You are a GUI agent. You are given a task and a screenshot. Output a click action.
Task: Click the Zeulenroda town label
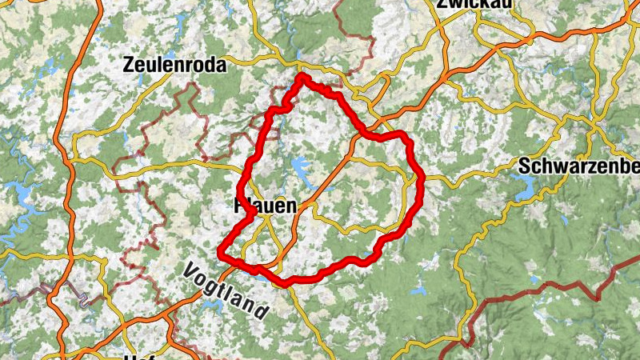pos(175,66)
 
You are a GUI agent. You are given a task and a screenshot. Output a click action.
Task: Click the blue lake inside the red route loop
pos(302,168)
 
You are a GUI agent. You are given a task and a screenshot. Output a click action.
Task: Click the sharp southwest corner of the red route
pos(221,253)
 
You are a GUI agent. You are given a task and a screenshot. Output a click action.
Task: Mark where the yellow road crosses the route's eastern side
pos(421,178)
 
